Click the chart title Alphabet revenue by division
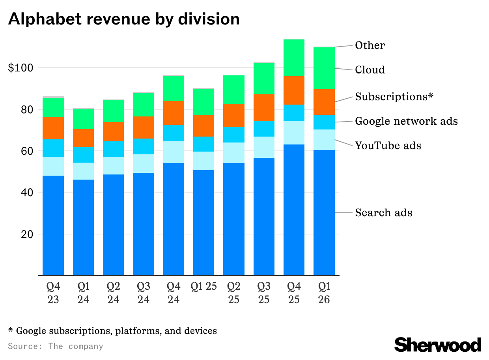click(x=124, y=19)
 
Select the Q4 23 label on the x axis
click(x=53, y=292)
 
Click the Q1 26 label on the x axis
click(x=324, y=292)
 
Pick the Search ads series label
click(x=383, y=213)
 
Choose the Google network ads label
click(x=406, y=121)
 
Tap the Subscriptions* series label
click(x=394, y=96)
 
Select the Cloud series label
click(x=370, y=70)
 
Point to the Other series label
click(x=370, y=45)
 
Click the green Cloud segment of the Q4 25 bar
click(x=294, y=58)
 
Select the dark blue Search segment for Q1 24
click(x=83, y=227)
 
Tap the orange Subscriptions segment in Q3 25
click(x=264, y=108)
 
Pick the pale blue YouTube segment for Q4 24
click(x=174, y=152)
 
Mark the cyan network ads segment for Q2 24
click(x=113, y=149)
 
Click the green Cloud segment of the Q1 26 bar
click(x=324, y=68)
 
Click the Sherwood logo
click(x=438, y=345)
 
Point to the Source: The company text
click(x=56, y=346)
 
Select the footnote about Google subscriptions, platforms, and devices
click(x=112, y=330)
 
